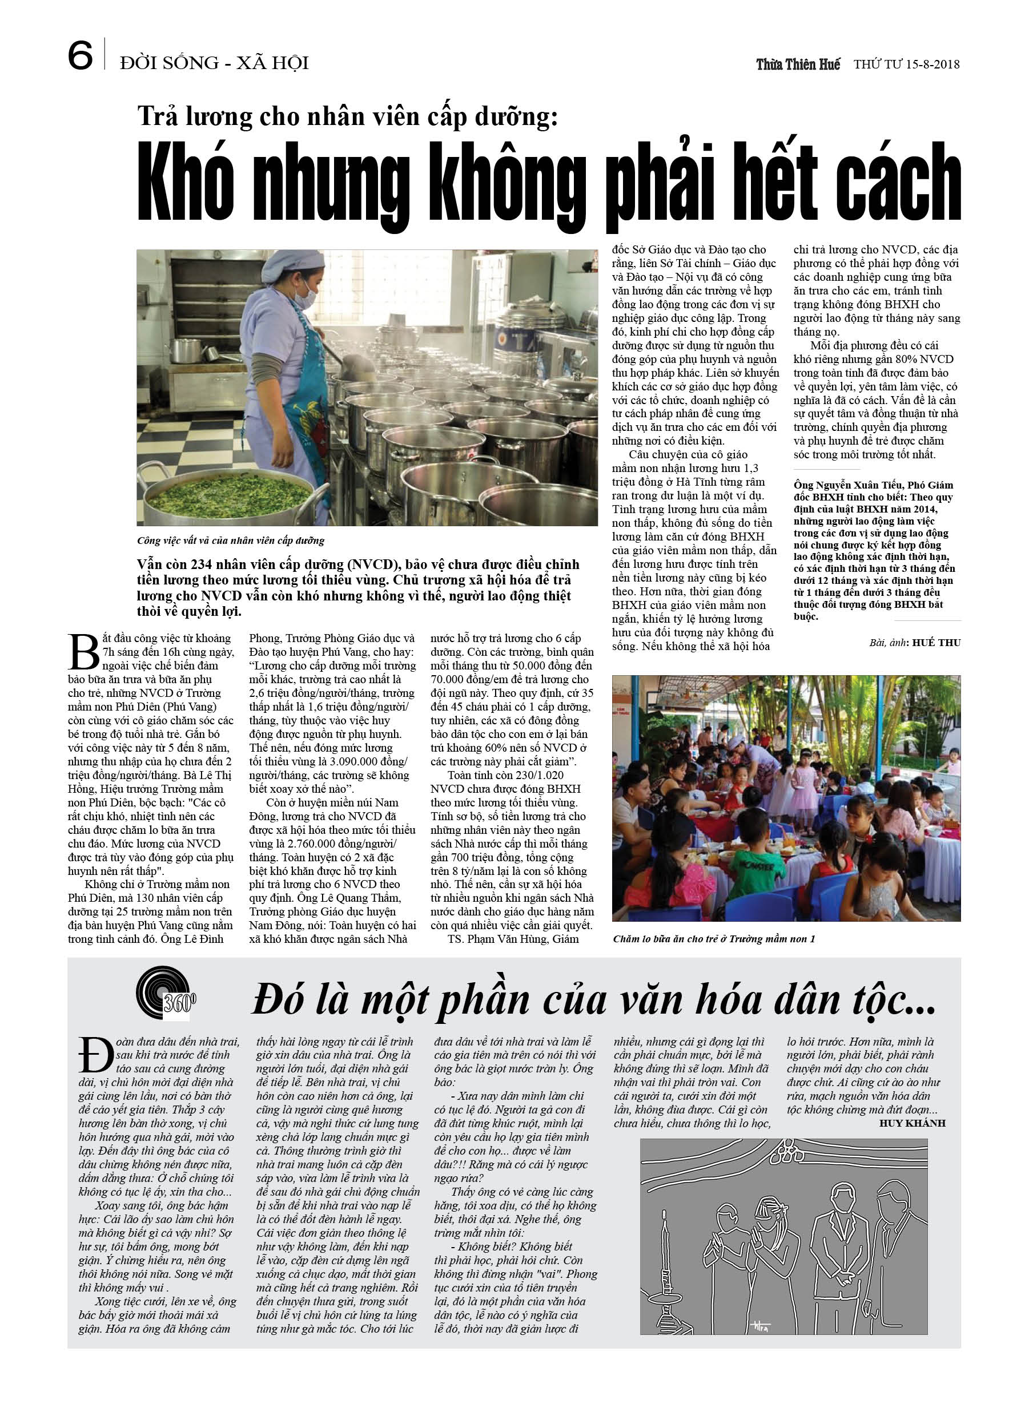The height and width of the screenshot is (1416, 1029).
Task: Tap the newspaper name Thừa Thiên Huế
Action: [x=798, y=64]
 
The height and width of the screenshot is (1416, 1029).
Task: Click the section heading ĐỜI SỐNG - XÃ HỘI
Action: [x=214, y=63]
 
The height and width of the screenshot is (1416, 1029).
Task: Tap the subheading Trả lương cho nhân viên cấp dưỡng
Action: [x=347, y=117]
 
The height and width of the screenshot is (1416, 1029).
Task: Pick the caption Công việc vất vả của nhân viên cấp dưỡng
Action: [x=231, y=540]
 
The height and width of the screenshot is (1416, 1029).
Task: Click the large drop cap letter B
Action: [x=83, y=652]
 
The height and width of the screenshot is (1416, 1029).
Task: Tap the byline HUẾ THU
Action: [x=936, y=643]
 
